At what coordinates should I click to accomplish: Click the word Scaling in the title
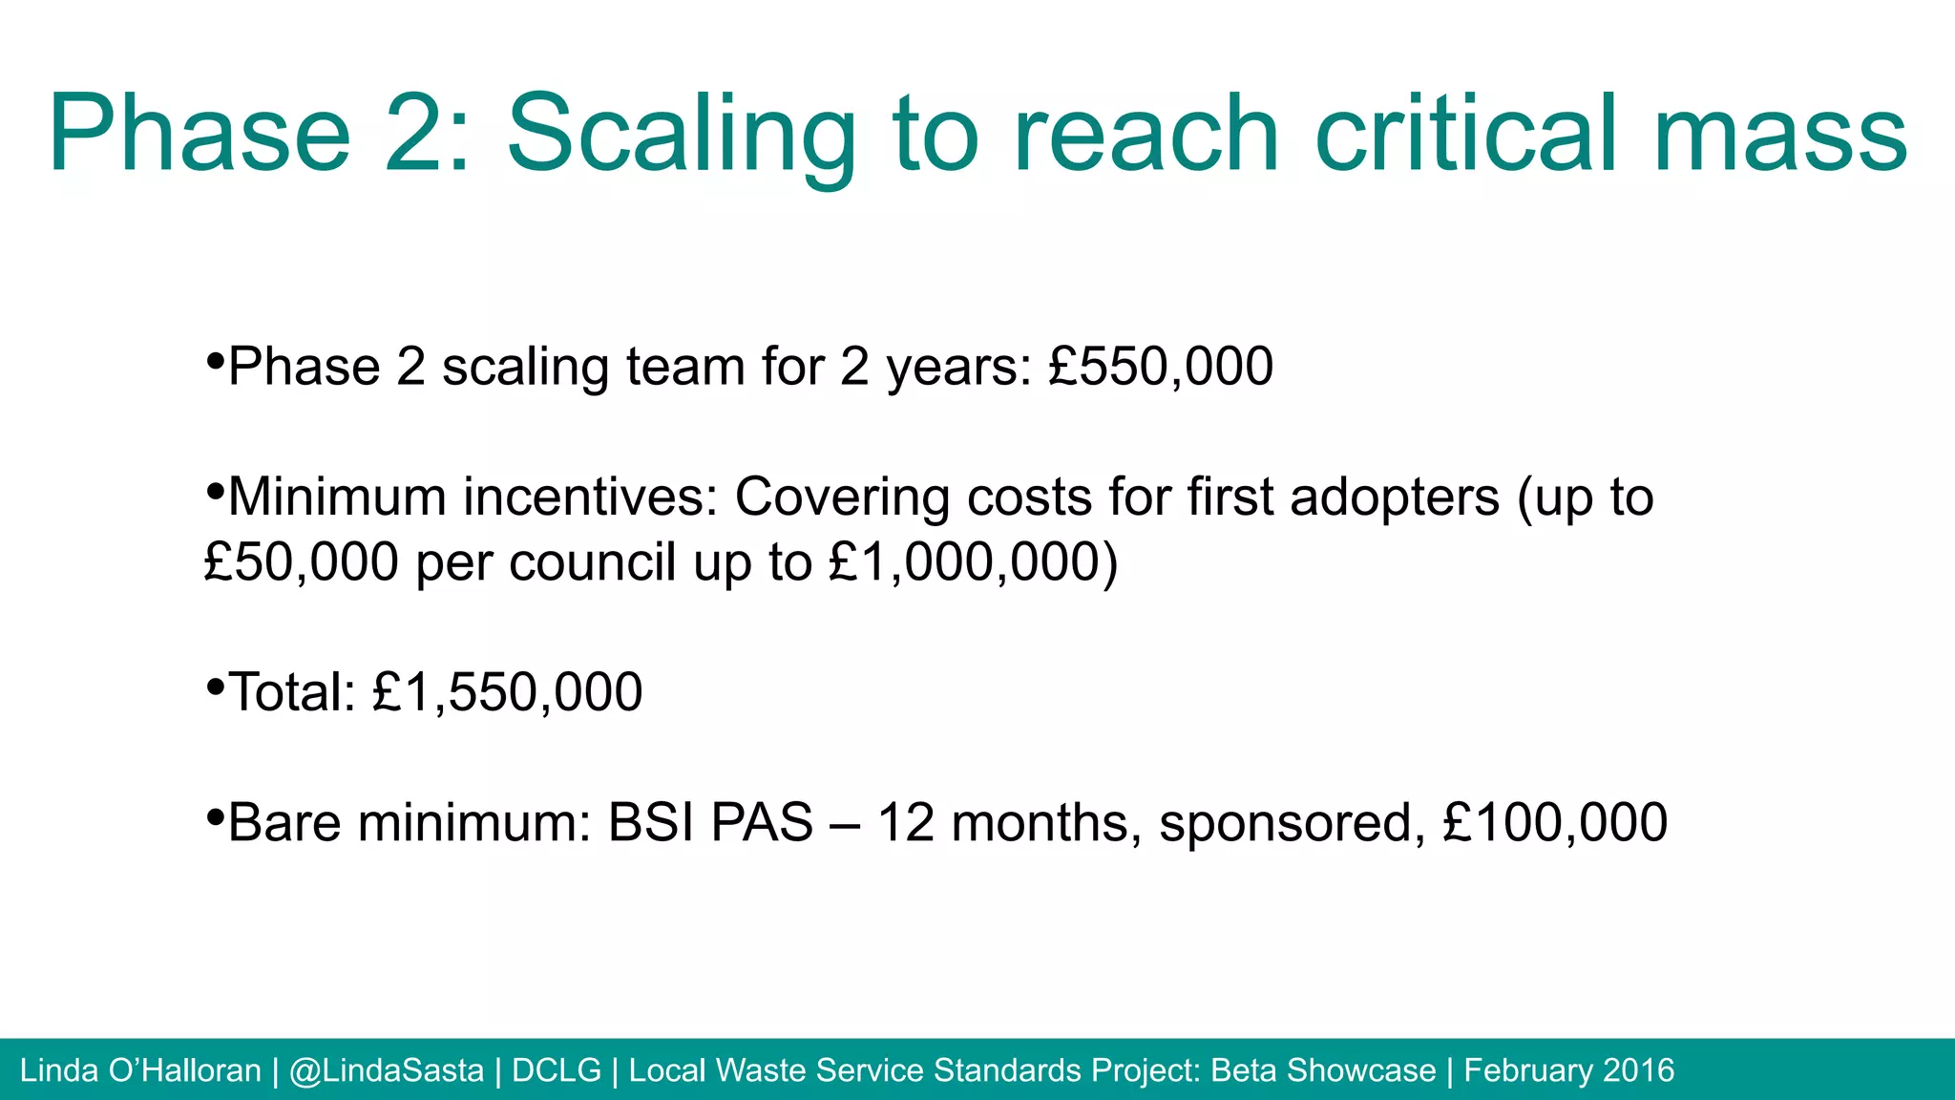682,136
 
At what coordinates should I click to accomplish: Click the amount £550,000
1161,367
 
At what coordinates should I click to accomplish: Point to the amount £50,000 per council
301,562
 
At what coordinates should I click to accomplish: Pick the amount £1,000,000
963,562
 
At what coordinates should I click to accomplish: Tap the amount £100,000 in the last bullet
1555,822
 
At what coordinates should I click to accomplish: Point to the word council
593,562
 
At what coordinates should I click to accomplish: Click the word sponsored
1293,824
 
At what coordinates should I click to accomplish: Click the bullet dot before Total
215,686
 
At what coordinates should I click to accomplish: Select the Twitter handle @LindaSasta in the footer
386,1070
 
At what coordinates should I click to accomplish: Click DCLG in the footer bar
557,1070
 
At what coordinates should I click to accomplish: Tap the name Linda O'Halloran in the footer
140,1070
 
